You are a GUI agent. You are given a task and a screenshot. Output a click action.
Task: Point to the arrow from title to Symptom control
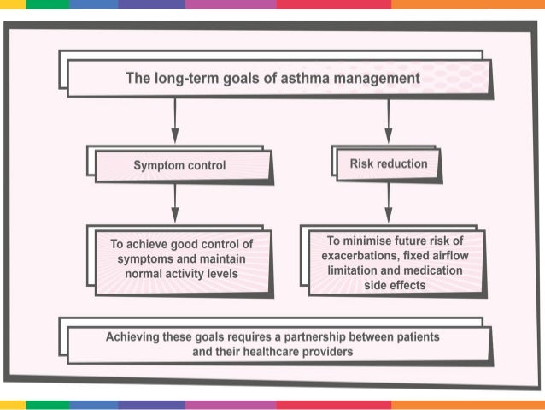(175, 119)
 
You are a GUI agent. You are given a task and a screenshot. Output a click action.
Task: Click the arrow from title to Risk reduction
(389, 119)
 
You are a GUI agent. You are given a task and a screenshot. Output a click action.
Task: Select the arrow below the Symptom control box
(175, 205)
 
